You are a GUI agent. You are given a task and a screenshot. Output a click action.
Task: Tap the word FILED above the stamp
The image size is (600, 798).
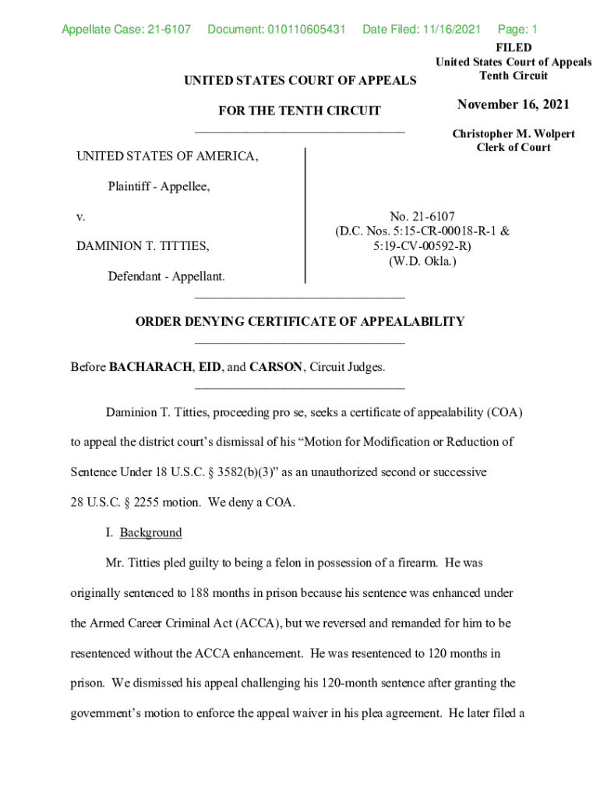[514, 48]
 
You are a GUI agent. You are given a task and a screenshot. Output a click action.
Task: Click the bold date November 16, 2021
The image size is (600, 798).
[514, 104]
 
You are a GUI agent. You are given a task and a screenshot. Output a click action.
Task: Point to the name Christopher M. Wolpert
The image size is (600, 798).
[514, 134]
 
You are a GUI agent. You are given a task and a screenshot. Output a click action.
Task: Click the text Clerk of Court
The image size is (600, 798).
[514, 147]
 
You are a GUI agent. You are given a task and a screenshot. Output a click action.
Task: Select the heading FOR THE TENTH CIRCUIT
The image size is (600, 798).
[299, 111]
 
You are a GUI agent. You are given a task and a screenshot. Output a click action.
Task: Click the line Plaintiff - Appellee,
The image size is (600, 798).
[159, 186]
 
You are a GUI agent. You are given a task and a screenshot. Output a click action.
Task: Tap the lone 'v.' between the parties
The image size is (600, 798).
[80, 216]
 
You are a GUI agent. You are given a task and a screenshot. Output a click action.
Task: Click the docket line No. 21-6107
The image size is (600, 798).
[422, 216]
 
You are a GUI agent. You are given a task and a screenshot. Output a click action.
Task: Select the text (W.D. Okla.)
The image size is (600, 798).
[422, 261]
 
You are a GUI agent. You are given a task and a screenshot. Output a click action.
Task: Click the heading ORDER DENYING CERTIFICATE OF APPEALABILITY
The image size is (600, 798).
[299, 321]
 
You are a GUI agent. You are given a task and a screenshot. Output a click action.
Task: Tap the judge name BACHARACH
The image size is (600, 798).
[151, 367]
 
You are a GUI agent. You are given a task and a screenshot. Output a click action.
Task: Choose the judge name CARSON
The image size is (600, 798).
[275, 367]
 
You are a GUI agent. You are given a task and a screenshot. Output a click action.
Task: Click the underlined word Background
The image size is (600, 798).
[150, 532]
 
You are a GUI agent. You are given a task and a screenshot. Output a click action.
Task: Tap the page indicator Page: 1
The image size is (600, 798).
[517, 30]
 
